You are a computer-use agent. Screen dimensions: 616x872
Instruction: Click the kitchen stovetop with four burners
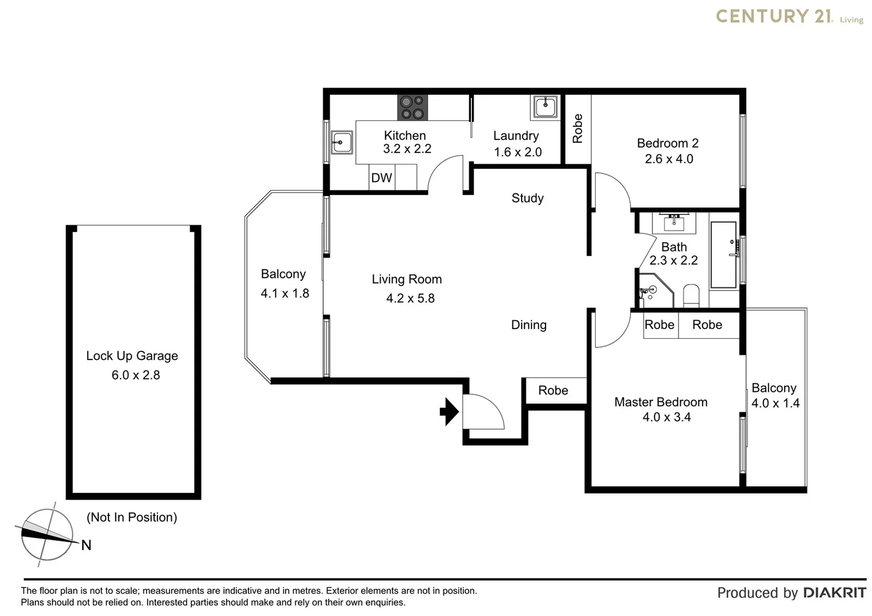click(413, 107)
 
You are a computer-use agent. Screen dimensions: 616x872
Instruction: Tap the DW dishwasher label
click(381, 178)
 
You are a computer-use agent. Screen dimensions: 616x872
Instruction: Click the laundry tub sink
click(546, 107)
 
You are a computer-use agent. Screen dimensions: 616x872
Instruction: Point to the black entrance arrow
click(450, 411)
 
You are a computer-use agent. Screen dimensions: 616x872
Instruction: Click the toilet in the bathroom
click(691, 295)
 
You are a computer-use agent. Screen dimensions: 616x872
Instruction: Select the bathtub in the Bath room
click(723, 255)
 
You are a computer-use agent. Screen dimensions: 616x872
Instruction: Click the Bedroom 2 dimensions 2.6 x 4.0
click(669, 159)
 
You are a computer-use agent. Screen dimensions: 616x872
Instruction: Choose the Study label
click(527, 198)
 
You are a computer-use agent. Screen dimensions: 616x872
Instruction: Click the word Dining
click(528, 325)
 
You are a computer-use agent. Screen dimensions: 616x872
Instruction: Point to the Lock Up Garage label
click(132, 356)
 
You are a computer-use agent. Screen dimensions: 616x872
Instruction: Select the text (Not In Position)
click(132, 517)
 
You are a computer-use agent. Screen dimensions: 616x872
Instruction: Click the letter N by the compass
click(86, 545)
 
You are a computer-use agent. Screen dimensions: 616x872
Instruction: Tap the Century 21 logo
click(789, 17)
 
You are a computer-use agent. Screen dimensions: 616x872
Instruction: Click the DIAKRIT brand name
click(834, 593)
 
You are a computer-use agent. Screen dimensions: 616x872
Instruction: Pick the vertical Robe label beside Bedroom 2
click(578, 128)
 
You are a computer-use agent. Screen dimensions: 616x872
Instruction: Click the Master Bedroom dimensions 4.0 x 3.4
click(667, 417)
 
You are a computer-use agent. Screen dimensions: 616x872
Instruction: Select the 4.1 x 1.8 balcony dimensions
click(285, 293)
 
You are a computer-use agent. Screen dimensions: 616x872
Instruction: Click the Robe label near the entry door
click(553, 391)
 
